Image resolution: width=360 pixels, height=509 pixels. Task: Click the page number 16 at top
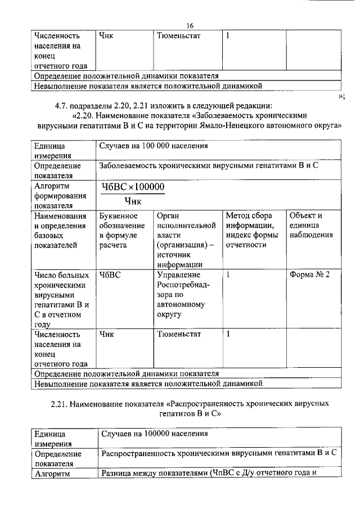[x=190, y=26]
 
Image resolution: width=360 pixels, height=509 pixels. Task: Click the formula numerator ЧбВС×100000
[x=133, y=187]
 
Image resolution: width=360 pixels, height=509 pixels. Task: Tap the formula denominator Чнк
[x=133, y=201]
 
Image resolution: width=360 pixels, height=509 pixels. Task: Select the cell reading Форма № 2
[x=309, y=274]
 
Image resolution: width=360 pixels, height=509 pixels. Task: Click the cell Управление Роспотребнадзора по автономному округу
[x=183, y=294]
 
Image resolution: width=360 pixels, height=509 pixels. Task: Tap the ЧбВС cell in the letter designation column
[x=110, y=274]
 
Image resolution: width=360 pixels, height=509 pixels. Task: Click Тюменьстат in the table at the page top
[x=179, y=35]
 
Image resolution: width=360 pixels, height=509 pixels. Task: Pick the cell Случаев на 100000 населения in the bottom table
[x=154, y=434]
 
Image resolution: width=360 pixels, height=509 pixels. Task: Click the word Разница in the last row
[x=120, y=472]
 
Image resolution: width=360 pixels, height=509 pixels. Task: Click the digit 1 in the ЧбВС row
[x=228, y=274]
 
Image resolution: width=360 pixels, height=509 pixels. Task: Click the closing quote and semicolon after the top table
[x=341, y=96]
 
